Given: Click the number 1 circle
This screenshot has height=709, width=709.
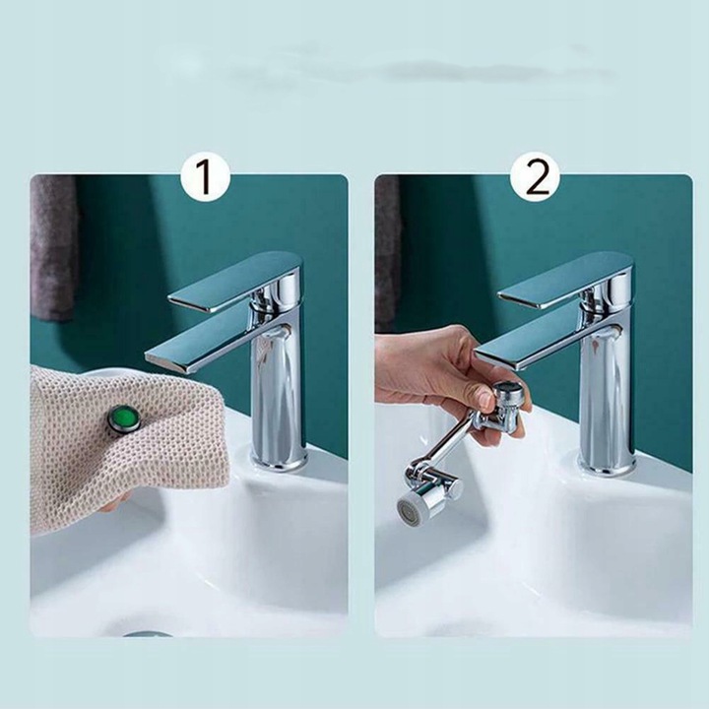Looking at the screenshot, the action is pyautogui.click(x=205, y=177).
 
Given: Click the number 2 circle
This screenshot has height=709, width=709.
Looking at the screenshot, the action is pyautogui.click(x=536, y=177).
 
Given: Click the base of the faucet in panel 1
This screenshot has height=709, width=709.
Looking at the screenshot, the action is pyautogui.click(x=279, y=458).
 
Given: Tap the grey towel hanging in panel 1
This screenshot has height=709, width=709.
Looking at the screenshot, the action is pyautogui.click(x=53, y=246).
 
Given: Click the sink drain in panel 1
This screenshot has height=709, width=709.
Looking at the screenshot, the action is pyautogui.click(x=148, y=634).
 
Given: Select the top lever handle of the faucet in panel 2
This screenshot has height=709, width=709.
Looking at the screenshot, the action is pyautogui.click(x=565, y=283).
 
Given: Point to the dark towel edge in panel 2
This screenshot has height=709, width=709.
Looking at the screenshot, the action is pyautogui.click(x=388, y=253).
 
